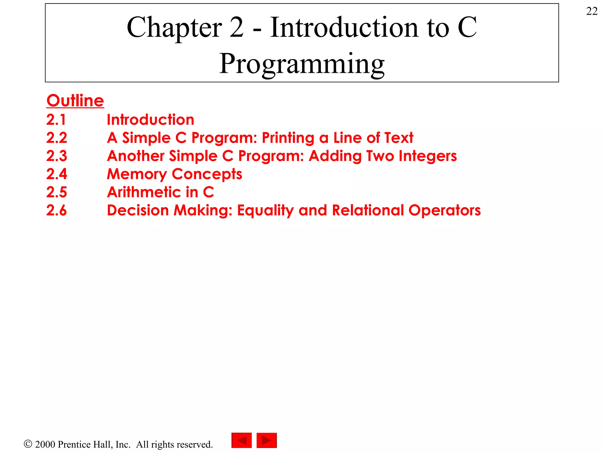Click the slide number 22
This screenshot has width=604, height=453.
[x=592, y=12]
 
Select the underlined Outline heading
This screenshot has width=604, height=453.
[x=75, y=101]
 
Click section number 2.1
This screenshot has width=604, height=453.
[x=56, y=120]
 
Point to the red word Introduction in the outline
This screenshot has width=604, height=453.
[x=150, y=120]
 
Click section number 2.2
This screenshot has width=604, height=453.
[x=57, y=138]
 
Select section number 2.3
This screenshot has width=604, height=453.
[x=57, y=156]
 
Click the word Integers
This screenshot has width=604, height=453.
[x=428, y=156]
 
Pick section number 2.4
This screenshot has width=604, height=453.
[x=57, y=174]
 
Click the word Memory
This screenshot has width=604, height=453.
[x=137, y=174]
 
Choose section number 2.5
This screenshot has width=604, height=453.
[x=57, y=192]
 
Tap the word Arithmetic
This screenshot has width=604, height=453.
[x=144, y=192]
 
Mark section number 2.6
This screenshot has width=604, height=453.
[x=57, y=210]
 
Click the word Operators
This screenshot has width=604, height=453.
[x=444, y=211]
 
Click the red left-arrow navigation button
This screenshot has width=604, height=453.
[x=242, y=440]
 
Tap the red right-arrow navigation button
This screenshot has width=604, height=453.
[x=267, y=440]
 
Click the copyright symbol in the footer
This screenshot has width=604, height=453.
[x=28, y=444]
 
